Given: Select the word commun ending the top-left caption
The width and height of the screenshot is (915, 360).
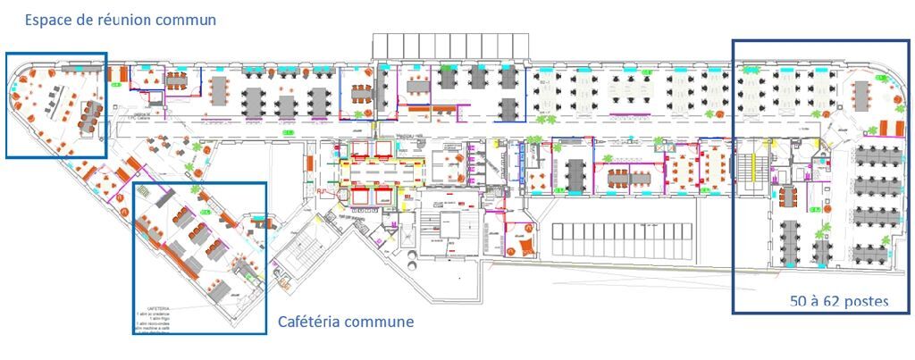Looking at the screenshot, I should [x=187, y=19].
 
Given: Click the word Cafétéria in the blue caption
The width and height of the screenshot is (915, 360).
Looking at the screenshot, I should [x=313, y=321].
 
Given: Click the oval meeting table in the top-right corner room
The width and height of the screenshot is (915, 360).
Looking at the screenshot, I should [x=862, y=92].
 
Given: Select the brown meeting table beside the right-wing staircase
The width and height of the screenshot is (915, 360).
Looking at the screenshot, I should [x=787, y=195].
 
